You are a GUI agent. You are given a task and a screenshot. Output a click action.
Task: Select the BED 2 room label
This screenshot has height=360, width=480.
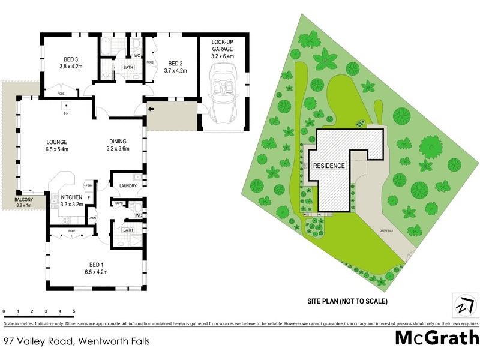pyautogui.click(x=175, y=63)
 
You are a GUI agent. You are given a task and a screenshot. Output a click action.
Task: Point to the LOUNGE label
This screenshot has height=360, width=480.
pyautogui.click(x=58, y=142)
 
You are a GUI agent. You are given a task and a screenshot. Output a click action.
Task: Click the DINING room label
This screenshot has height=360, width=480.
pyautogui.click(x=118, y=142)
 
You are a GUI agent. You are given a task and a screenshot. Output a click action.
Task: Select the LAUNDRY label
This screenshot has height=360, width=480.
pyautogui.click(x=128, y=186)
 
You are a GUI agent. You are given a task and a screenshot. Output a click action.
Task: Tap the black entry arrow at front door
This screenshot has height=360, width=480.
pyautogui.click(x=151, y=109)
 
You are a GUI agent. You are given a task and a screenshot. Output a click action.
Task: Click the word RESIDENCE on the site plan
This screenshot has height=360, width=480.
pyautogui.click(x=328, y=166)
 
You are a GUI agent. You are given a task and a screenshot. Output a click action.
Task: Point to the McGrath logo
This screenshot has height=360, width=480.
pyautogui.click(x=436, y=338)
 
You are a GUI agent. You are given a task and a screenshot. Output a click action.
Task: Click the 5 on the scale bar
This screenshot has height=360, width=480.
pyautogui.click(x=74, y=311)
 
